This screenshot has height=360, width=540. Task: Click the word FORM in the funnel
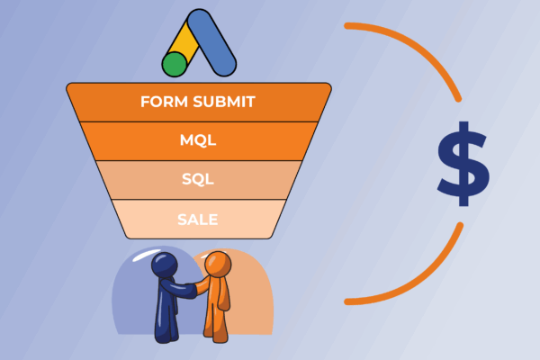point(161,101)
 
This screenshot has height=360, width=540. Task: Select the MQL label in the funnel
point(197,140)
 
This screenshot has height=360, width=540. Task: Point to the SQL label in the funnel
point(197,179)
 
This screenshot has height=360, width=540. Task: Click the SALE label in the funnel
point(197,219)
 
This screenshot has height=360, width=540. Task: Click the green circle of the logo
point(174,65)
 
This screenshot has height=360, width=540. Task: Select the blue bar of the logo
point(216,45)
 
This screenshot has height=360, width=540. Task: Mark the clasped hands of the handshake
point(193,291)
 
